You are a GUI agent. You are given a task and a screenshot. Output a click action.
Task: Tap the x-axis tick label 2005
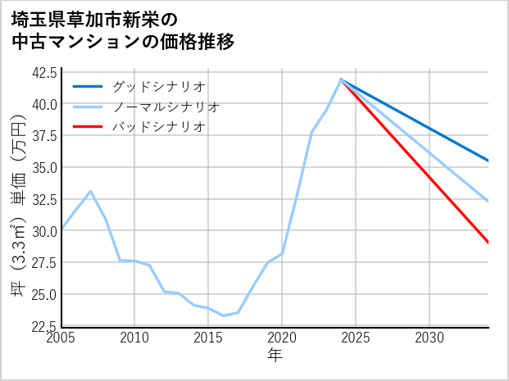click(x=61, y=338)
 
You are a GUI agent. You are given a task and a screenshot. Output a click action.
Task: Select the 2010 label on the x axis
click(x=134, y=338)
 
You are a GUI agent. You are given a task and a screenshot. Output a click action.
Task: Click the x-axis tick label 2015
click(x=208, y=338)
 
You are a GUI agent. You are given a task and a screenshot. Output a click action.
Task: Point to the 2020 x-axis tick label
click(x=282, y=338)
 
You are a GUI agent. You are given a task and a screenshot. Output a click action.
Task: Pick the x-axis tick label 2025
click(x=356, y=338)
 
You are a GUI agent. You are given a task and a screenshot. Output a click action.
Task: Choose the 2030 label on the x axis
click(x=429, y=338)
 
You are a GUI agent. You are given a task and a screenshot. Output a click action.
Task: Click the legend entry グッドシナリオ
click(x=159, y=86)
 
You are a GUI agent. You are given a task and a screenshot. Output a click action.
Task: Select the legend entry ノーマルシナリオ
click(x=166, y=107)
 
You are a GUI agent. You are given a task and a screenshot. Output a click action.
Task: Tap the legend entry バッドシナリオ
click(x=159, y=127)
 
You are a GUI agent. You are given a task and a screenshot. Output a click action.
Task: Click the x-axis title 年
click(x=275, y=356)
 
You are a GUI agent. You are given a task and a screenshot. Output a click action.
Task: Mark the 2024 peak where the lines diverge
click(x=341, y=79)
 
